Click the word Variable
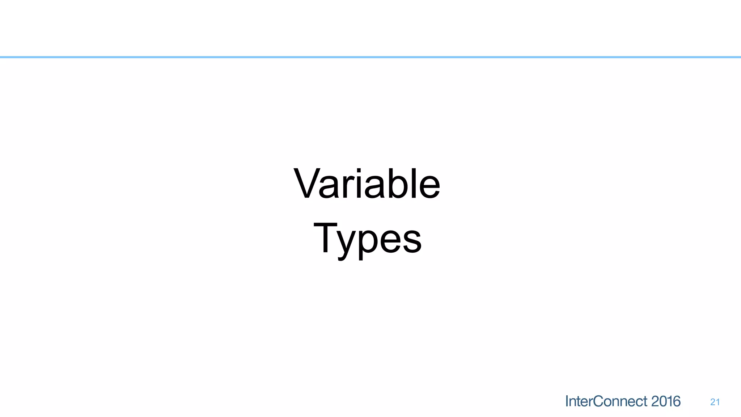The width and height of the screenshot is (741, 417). tap(367, 184)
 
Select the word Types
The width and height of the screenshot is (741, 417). tap(367, 239)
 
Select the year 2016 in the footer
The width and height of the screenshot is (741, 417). tap(666, 401)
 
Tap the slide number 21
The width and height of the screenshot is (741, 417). tap(715, 402)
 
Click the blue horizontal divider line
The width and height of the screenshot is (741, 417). tap(370, 57)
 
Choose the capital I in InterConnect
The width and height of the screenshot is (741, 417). tap(567, 401)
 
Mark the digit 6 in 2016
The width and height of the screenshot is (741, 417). tap(677, 401)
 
